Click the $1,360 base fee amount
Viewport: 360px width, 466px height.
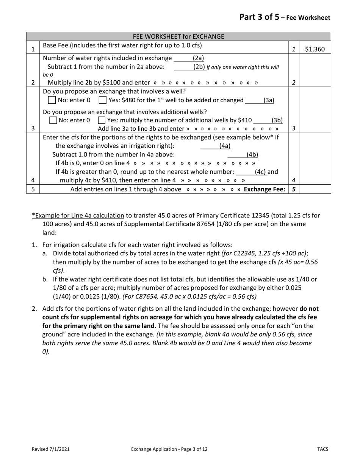tap(315, 49)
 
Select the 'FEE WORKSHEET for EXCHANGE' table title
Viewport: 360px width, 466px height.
tap(178, 36)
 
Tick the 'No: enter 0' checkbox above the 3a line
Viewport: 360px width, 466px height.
tap(52, 100)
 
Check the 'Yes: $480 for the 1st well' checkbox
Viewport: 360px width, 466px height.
tap(102, 100)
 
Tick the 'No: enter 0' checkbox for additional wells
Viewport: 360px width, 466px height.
tap(53, 120)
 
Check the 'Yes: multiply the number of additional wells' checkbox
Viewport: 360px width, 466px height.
tap(101, 120)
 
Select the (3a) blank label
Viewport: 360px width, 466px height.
tap(269, 100)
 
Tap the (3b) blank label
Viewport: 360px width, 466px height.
tap(277, 120)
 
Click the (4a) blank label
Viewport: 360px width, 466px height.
tap(225, 145)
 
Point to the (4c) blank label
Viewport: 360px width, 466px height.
tap(260, 172)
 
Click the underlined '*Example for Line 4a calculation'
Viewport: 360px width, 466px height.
tap(78, 216)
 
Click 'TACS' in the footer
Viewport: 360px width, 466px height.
tap(323, 449)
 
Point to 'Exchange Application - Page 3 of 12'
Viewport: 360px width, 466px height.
tap(169, 449)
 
